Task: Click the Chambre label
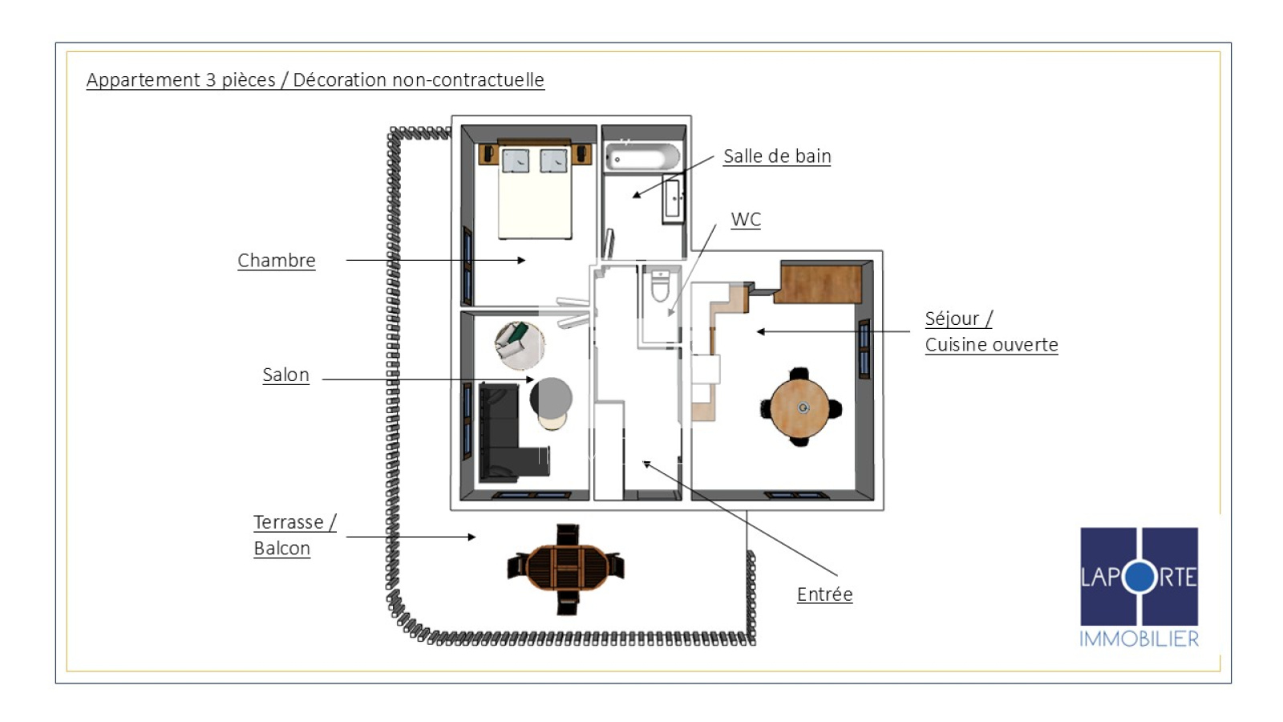pos(276,260)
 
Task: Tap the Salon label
pos(285,375)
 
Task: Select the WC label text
pos(746,220)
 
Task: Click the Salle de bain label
pos(777,156)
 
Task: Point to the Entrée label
pos(825,594)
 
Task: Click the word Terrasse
pos(289,522)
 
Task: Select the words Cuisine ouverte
pos(991,345)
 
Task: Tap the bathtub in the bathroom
pos(642,156)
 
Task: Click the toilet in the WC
pos(661,286)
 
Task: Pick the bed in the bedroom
pos(535,192)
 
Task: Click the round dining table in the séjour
pos(800,408)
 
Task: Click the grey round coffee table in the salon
pos(551,397)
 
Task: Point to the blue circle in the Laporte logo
pos(1139,577)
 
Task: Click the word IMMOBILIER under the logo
pos(1139,639)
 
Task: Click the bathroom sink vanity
pos(673,199)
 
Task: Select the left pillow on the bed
pos(516,160)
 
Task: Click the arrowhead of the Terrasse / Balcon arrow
pos(472,537)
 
